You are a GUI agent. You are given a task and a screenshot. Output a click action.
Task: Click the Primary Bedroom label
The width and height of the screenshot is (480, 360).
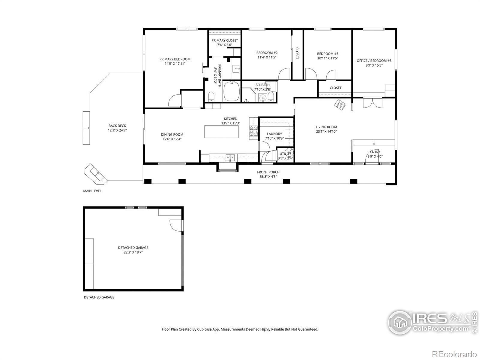[x=175, y=59]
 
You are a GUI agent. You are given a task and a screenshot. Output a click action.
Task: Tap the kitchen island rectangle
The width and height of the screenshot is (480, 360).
[x=221, y=132]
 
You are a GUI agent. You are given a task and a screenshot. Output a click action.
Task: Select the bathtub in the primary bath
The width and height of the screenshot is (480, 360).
[x=231, y=91]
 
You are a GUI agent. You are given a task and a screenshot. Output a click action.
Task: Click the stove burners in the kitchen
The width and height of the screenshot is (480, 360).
[x=253, y=130]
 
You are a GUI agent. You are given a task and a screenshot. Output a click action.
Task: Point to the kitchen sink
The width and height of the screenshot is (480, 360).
[x=230, y=157]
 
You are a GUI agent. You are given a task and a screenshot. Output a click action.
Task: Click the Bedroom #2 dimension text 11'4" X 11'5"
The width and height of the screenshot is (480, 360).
[x=267, y=57]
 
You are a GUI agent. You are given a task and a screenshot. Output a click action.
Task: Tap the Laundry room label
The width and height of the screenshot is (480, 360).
[x=274, y=134]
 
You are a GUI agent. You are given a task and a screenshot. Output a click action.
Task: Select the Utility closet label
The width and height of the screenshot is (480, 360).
[x=285, y=154]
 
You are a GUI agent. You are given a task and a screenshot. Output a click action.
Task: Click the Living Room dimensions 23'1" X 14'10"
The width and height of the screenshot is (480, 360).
[x=326, y=131]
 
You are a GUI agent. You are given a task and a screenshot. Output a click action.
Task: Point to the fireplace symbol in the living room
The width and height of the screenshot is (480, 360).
[x=340, y=105]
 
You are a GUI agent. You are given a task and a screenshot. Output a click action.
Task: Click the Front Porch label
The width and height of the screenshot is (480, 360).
[x=268, y=172]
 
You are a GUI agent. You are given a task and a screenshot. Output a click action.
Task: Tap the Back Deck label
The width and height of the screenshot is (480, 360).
[x=117, y=126]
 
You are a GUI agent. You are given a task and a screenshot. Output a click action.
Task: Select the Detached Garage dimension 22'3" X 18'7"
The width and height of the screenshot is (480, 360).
[x=133, y=252]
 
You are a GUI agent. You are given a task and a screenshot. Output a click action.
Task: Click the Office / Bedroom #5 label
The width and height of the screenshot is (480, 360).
[x=374, y=61]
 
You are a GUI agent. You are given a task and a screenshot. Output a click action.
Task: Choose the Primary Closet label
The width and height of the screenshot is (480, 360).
[x=225, y=40]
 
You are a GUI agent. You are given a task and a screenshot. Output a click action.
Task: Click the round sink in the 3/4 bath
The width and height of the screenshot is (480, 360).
[x=262, y=98]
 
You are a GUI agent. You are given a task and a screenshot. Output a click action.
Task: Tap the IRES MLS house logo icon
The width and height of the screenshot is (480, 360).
[x=400, y=322]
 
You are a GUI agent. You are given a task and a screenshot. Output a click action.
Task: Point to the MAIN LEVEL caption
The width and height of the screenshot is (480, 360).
[x=92, y=191]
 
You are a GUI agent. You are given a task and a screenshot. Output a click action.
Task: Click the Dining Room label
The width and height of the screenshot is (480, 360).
[x=172, y=134]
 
